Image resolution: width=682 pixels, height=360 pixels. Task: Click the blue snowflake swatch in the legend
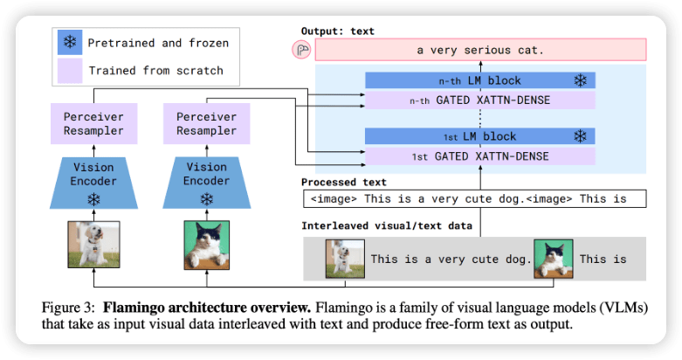coord(70,42)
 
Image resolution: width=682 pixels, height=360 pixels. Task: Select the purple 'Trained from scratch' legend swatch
coord(70,71)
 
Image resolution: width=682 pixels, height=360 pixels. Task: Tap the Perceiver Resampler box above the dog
coord(94,123)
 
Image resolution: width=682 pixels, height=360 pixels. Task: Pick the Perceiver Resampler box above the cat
coord(207,123)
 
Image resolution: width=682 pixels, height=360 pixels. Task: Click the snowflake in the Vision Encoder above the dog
coord(94,199)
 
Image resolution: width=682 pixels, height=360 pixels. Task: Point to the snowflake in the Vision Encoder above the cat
coord(207,199)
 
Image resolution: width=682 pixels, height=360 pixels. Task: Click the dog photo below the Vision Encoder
coord(94,244)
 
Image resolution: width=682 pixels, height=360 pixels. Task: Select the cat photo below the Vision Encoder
coord(207,245)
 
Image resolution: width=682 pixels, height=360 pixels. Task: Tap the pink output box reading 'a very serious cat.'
coord(480,50)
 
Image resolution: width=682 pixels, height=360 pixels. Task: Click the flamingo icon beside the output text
coord(301,50)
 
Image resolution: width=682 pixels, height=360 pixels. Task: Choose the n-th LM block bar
coord(480,80)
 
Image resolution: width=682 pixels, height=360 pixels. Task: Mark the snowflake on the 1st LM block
coord(580,136)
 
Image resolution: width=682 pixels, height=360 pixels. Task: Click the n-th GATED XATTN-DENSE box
coord(480,100)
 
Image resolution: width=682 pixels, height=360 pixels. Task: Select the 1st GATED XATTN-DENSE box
coord(480,156)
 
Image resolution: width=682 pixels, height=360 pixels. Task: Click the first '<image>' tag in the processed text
coord(334,199)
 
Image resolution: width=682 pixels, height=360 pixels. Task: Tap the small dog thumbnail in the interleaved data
coord(345,259)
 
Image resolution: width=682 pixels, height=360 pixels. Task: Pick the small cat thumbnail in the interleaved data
coord(554,259)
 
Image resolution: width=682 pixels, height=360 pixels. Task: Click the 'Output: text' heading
coord(338,31)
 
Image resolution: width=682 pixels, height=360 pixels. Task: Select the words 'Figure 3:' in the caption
coord(68,308)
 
